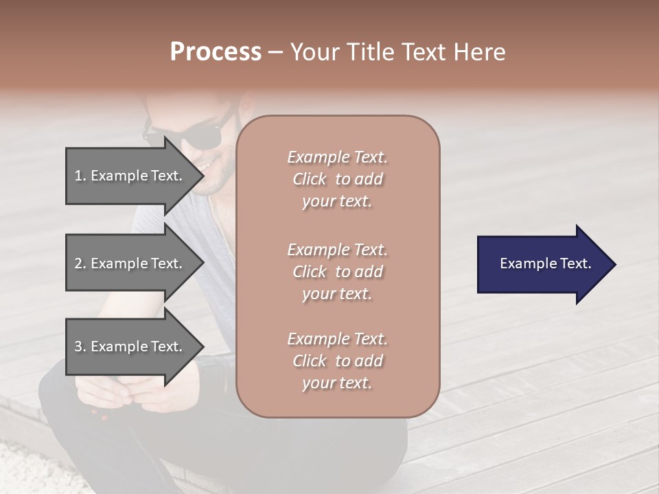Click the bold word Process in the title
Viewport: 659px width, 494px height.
coord(216,52)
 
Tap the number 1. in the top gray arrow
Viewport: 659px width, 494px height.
coord(80,176)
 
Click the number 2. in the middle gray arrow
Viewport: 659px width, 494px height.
coord(80,263)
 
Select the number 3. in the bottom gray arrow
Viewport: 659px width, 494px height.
coord(80,346)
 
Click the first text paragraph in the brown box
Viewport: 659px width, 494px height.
coord(337,179)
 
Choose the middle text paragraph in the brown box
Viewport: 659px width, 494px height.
coord(337,272)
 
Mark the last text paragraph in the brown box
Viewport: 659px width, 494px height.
coord(337,361)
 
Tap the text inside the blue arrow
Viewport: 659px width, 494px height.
coord(546,263)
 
